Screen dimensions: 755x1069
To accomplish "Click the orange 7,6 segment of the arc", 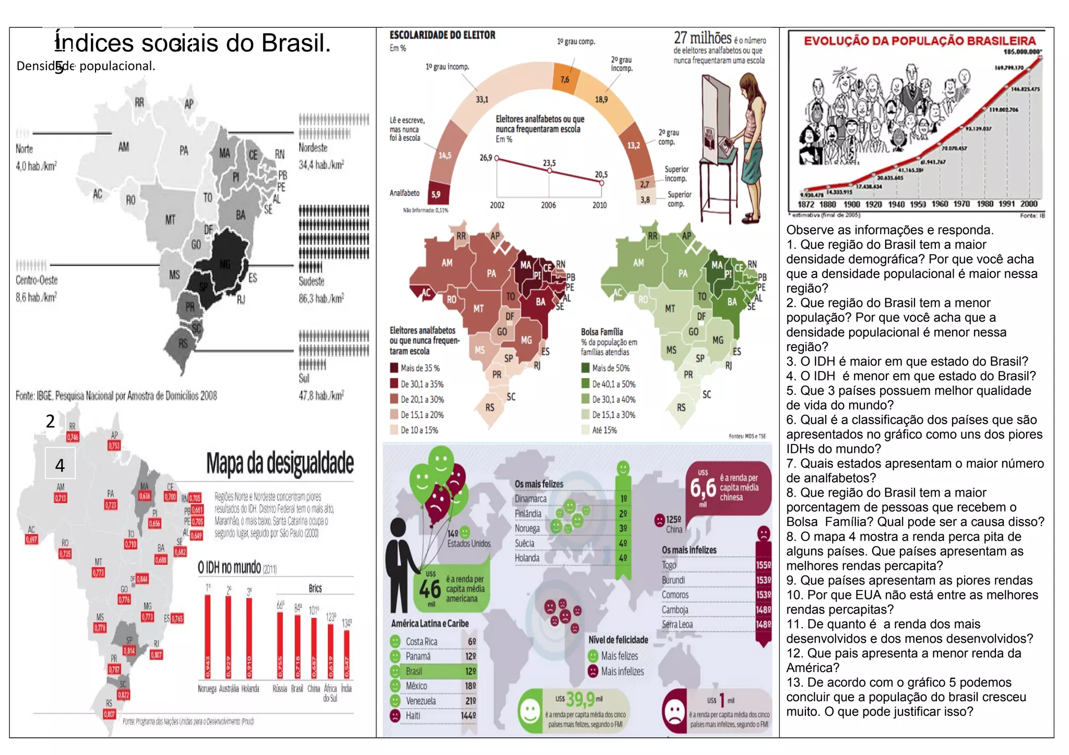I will [x=565, y=79].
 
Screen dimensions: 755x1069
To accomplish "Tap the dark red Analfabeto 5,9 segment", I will [x=436, y=194].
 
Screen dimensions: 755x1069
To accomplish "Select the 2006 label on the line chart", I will [x=548, y=206].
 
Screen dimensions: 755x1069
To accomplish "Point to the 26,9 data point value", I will [x=485, y=158].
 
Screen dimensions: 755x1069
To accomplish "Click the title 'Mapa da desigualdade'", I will [x=280, y=463].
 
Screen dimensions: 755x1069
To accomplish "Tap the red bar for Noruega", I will [x=207, y=637].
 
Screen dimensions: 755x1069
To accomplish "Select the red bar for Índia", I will [x=347, y=654].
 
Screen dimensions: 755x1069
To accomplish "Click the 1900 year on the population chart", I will [x=852, y=205].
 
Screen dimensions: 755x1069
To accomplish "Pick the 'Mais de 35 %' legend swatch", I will [x=395, y=368].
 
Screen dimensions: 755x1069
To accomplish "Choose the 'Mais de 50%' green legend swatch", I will [x=586, y=368].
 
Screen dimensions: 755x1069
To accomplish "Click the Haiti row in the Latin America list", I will [x=433, y=716].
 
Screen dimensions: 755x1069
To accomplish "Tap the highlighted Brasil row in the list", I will [x=433, y=671].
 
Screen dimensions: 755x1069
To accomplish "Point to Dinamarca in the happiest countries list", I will [x=531, y=499].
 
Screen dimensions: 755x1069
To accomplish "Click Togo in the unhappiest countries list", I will [x=669, y=565].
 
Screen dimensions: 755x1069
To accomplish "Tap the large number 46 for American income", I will [x=430, y=590].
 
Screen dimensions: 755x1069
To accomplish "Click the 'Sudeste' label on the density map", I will [x=312, y=282].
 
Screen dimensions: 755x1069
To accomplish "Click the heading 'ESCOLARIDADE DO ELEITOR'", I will [x=443, y=35].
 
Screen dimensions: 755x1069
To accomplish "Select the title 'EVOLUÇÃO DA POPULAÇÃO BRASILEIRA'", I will [x=920, y=41].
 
